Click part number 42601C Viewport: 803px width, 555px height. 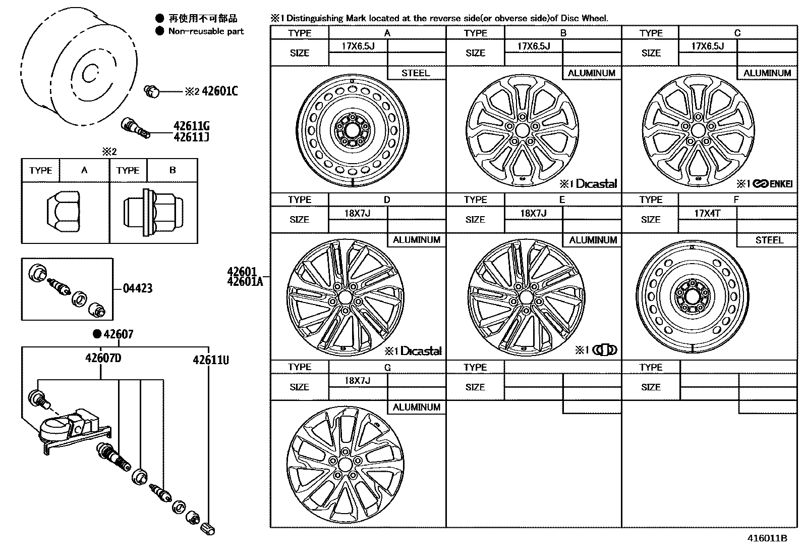[219, 91]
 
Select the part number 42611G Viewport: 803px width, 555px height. [191, 126]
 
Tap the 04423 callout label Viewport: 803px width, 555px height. [137, 289]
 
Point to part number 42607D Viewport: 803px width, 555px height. [103, 358]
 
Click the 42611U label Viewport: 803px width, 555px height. [210, 360]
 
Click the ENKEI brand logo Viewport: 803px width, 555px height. [772, 184]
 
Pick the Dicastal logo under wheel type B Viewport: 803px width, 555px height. [596, 184]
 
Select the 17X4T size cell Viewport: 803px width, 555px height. [707, 214]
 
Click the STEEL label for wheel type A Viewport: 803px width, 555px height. [416, 73]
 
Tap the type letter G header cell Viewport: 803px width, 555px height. [387, 367]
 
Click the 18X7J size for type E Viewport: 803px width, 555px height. [533, 214]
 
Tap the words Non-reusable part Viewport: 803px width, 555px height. [206, 31]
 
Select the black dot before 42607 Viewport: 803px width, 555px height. [97, 334]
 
